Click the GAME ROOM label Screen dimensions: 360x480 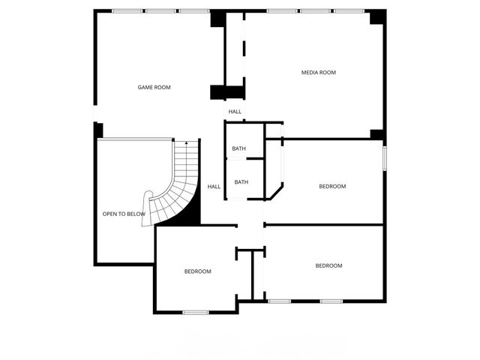[154, 88]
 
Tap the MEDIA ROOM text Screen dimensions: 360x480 [318, 73]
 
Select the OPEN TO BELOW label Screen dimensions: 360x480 [124, 214]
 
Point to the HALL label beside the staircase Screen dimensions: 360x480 [214, 187]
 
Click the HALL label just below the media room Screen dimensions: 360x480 [235, 112]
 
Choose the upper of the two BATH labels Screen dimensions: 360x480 [238, 148]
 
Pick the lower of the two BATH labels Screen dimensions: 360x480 [241, 181]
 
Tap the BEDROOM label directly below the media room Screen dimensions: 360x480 [332, 186]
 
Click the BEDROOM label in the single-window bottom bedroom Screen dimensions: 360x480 [197, 271]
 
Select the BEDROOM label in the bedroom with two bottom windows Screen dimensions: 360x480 [328, 265]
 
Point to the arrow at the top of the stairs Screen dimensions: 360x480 [186, 141]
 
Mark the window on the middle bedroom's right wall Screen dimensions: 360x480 [384, 158]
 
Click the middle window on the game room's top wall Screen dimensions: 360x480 [160, 11]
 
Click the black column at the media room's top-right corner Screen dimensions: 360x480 [375, 16]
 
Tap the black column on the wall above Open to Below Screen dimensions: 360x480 [98, 130]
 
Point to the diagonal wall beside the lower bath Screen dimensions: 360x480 [276, 191]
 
